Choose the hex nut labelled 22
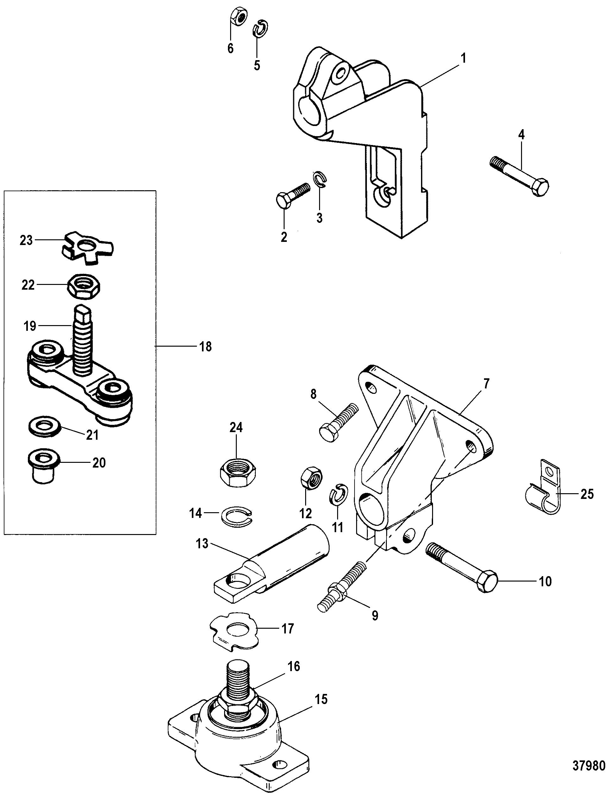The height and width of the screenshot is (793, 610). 84,286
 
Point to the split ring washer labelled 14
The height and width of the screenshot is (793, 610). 238,514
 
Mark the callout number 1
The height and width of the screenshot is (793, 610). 463,58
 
